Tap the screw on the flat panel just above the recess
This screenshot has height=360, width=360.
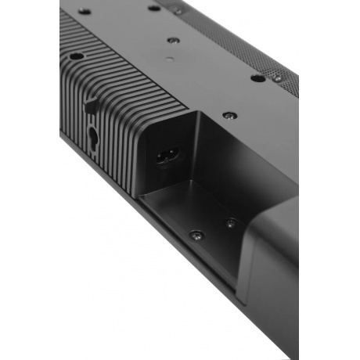[228, 115]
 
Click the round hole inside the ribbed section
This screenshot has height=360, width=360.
[75, 56]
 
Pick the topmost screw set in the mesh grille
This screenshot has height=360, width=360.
[179, 11]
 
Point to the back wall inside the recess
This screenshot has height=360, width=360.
[235, 164]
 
